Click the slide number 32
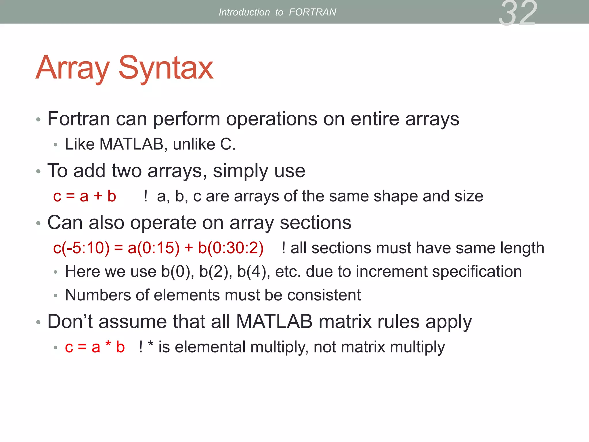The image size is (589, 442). (x=518, y=13)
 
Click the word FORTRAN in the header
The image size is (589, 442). (x=312, y=12)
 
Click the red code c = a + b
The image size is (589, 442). (x=85, y=197)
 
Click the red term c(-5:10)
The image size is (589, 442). (x=81, y=248)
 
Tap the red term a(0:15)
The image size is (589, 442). (x=154, y=248)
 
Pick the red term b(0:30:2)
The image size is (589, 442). (x=231, y=248)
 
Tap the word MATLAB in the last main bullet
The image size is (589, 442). (x=274, y=321)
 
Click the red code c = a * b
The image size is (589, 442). (x=95, y=347)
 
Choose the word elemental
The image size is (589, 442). (x=210, y=347)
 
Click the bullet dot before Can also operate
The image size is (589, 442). (x=39, y=223)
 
